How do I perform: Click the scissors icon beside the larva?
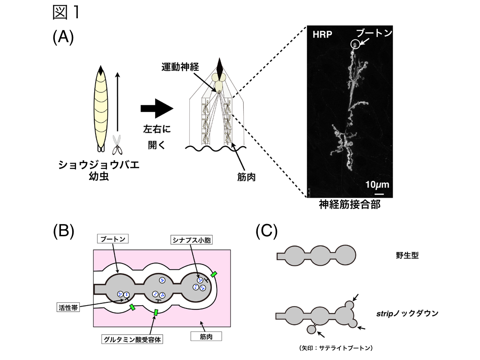pyautogui.click(x=117, y=144)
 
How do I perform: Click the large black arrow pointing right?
pyautogui.click(x=157, y=108)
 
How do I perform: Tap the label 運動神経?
pyautogui.click(x=180, y=67)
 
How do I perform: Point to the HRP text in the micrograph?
pyautogui.click(x=322, y=34)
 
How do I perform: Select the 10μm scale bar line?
pyautogui.click(x=379, y=194)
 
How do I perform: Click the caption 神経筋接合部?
pyautogui.click(x=350, y=204)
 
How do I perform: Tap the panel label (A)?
pyautogui.click(x=63, y=37)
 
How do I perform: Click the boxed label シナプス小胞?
pyautogui.click(x=191, y=240)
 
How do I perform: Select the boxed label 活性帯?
pyautogui.click(x=68, y=307)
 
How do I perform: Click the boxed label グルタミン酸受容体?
pyautogui.click(x=132, y=339)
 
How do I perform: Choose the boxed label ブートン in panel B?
pyautogui.click(x=112, y=239)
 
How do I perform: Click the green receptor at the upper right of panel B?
pyautogui.click(x=214, y=274)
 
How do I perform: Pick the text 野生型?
pyautogui.click(x=407, y=255)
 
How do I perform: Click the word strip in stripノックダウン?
pyautogui.click(x=384, y=314)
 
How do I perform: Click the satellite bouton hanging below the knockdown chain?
pyautogui.click(x=312, y=330)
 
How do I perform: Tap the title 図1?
pyautogui.click(x=66, y=12)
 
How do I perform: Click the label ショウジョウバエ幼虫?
pyautogui.click(x=98, y=171)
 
